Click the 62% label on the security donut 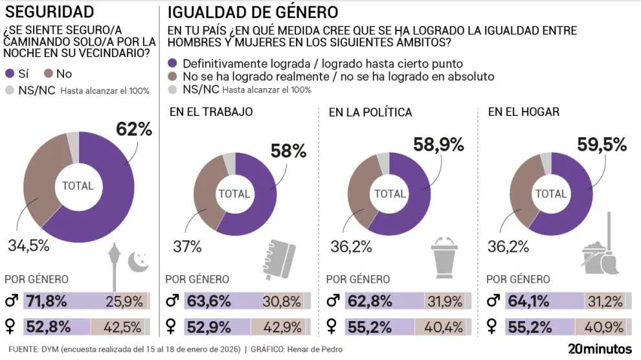(x=134, y=129)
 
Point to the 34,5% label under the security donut (x=29, y=246)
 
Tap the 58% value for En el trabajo (x=289, y=152)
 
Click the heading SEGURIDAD (x=49, y=12)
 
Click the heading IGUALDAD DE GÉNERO (x=253, y=12)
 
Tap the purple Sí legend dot (x=10, y=74)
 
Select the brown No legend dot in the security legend (x=49, y=74)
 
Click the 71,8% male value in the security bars (x=47, y=300)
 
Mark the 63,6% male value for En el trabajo (x=208, y=300)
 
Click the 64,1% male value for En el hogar (x=530, y=300)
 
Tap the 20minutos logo (x=599, y=349)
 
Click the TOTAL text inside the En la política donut (x=390, y=194)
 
